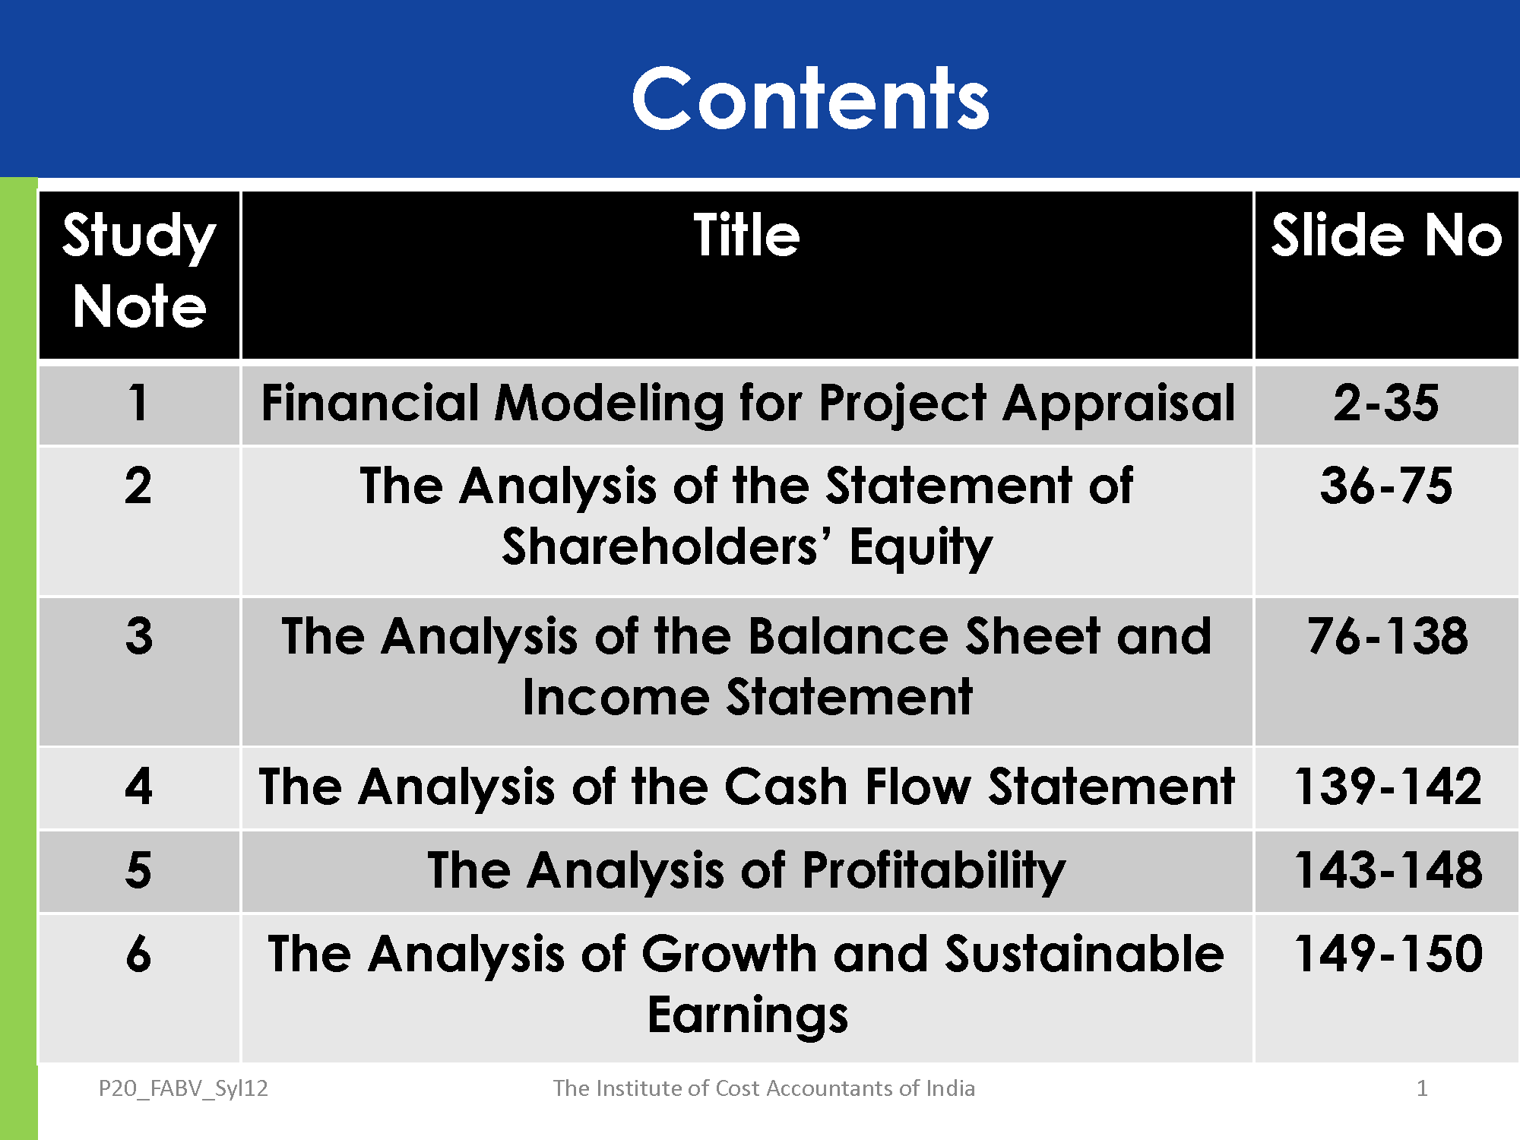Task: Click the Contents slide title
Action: (x=810, y=99)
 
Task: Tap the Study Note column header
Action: (x=139, y=271)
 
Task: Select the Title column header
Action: (x=746, y=235)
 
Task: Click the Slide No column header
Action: (x=1386, y=235)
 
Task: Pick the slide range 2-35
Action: (x=1386, y=402)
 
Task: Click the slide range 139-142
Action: (x=1388, y=786)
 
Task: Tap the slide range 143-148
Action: (x=1388, y=869)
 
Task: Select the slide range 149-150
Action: (x=1388, y=953)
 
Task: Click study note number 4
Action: (x=138, y=786)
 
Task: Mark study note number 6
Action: (x=138, y=953)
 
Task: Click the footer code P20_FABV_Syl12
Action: (x=183, y=1089)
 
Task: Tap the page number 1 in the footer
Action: (x=1422, y=1088)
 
